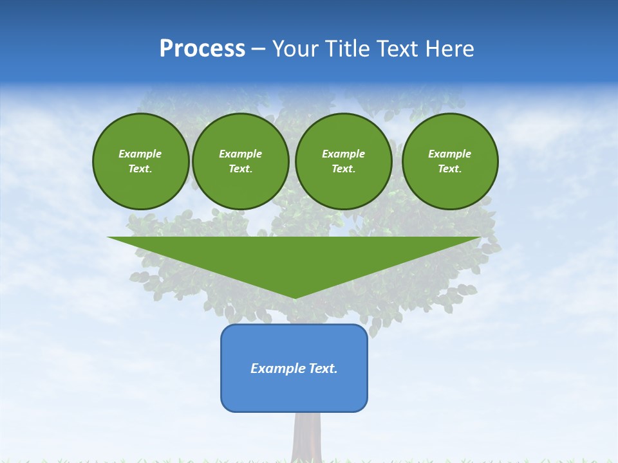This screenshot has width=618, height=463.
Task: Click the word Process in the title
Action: click(x=202, y=49)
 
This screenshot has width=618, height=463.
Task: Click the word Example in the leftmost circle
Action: click(x=140, y=154)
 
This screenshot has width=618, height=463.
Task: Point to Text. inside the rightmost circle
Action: click(x=450, y=169)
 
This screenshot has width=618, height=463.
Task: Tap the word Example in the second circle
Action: click(x=241, y=154)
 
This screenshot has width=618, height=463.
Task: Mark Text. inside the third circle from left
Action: click(x=344, y=169)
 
